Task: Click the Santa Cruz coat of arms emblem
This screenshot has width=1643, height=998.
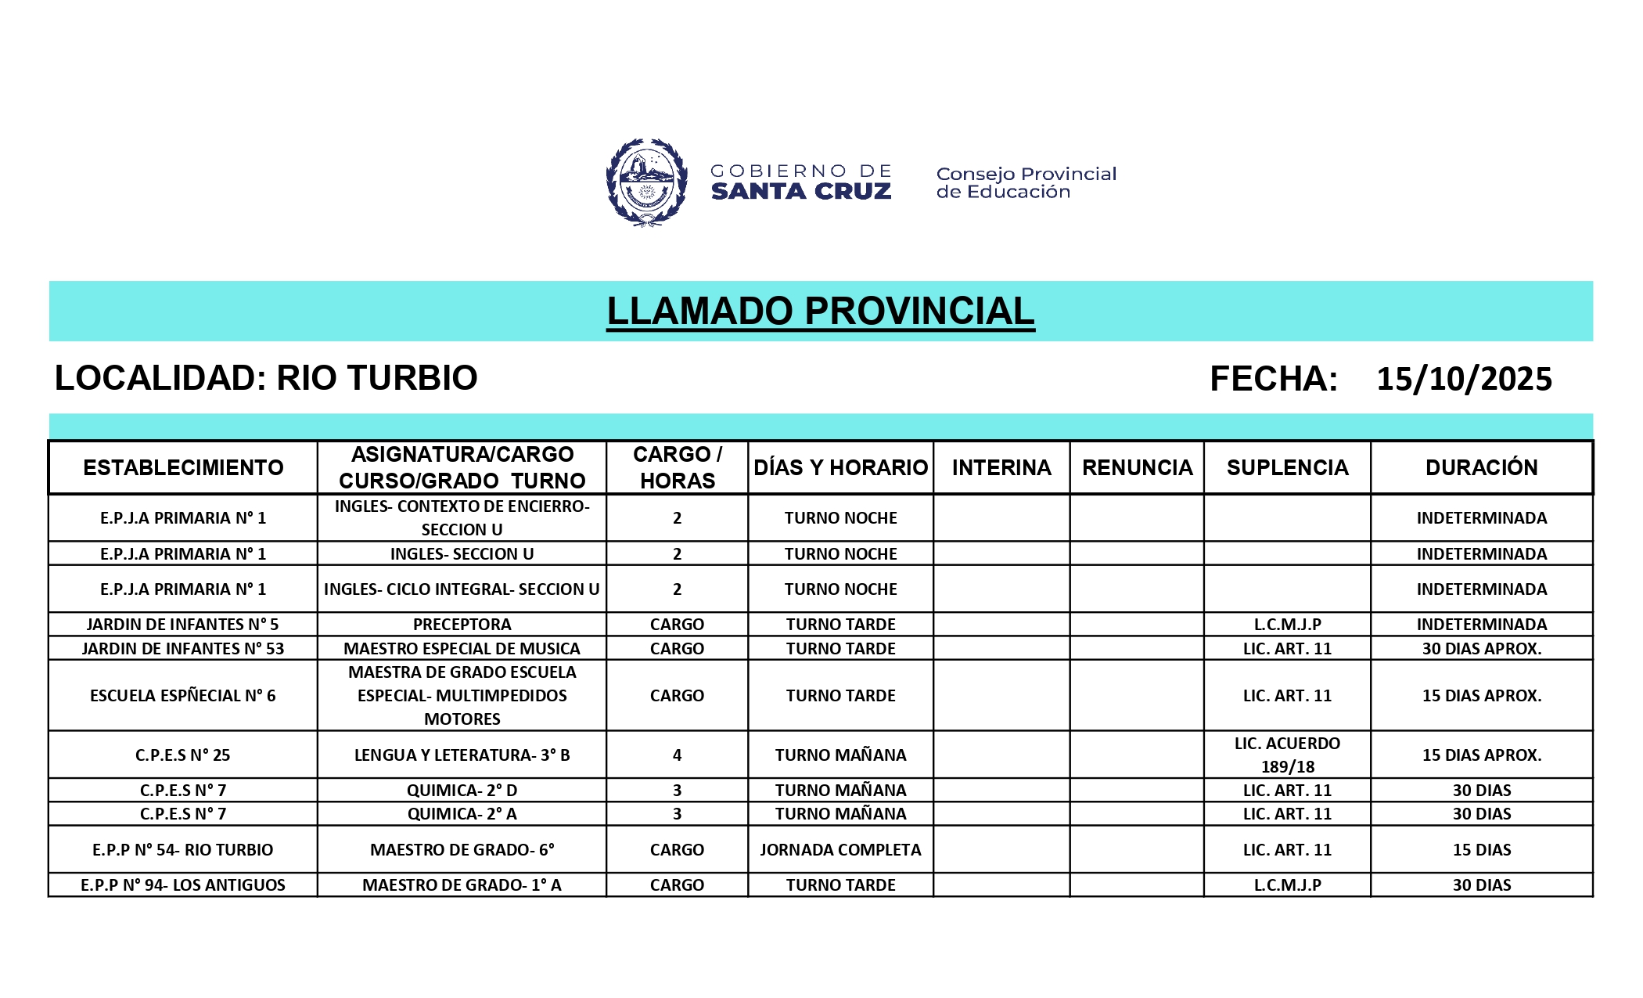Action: click(x=646, y=182)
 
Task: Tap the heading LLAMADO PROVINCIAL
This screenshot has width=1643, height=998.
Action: click(x=820, y=311)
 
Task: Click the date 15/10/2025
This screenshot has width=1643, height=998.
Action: click(x=1464, y=379)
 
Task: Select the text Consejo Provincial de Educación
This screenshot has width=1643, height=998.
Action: click(x=1026, y=182)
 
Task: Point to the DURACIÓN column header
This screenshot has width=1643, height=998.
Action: click(x=1481, y=468)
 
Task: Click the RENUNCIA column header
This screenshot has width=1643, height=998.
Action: click(x=1137, y=468)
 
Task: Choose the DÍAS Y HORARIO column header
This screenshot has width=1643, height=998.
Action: click(x=840, y=468)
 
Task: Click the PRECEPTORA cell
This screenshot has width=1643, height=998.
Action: click(x=462, y=625)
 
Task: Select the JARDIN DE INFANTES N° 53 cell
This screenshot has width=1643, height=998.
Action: click(x=183, y=648)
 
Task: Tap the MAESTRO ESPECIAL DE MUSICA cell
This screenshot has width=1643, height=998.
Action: click(x=462, y=648)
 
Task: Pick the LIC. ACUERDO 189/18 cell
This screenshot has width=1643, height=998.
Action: click(x=1287, y=755)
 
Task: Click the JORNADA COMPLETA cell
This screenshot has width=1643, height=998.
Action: click(x=840, y=849)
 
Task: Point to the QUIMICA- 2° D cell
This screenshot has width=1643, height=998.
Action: click(x=462, y=790)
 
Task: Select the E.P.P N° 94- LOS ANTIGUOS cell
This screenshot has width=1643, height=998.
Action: click(x=183, y=885)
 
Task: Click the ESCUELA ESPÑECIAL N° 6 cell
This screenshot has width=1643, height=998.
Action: click(x=183, y=695)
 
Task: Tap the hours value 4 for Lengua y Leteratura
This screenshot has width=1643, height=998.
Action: click(x=677, y=755)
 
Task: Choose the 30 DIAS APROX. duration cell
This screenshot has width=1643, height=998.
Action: click(x=1481, y=648)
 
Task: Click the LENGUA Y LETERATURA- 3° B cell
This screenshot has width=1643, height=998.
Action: click(x=462, y=755)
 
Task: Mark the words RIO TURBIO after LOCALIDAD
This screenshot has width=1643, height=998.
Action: click(x=376, y=378)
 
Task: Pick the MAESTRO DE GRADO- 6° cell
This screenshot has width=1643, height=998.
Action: click(x=462, y=849)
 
